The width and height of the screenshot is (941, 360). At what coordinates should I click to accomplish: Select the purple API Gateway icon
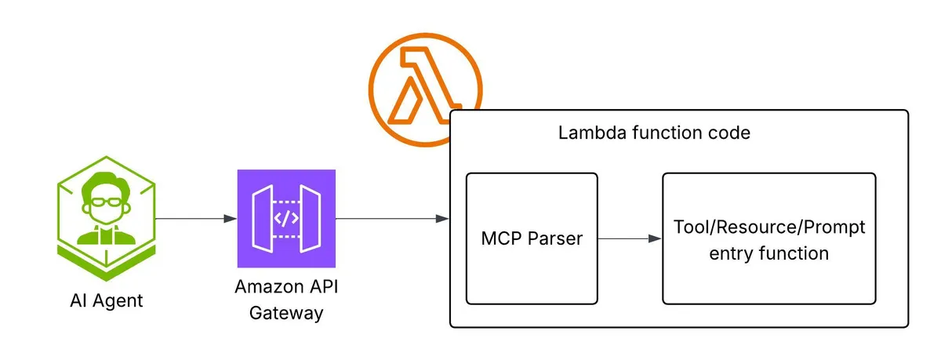click(286, 218)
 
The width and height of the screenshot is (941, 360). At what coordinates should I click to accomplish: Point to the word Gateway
click(286, 313)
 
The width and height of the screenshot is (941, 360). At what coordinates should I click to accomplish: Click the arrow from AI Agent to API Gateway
click(196, 218)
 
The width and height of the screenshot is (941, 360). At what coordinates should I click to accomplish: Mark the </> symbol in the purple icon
click(286, 218)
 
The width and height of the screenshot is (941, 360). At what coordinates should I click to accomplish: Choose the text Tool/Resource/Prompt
click(769, 227)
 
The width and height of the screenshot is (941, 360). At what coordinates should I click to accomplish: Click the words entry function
click(769, 253)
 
